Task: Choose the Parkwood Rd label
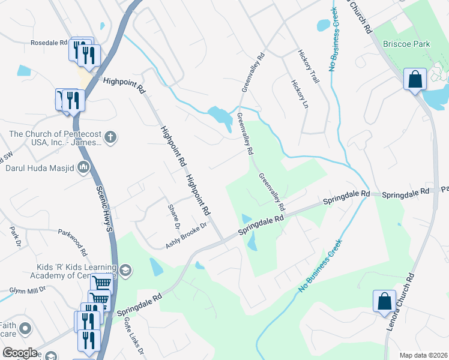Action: click(73, 241)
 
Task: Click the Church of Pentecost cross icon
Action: click(110, 137)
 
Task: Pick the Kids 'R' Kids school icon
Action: click(125, 269)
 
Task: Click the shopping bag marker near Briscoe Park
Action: click(415, 79)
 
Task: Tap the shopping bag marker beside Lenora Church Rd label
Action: click(384, 300)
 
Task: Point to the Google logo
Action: click(20, 353)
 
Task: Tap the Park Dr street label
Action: click(15, 236)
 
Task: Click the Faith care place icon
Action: click(25, 328)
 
